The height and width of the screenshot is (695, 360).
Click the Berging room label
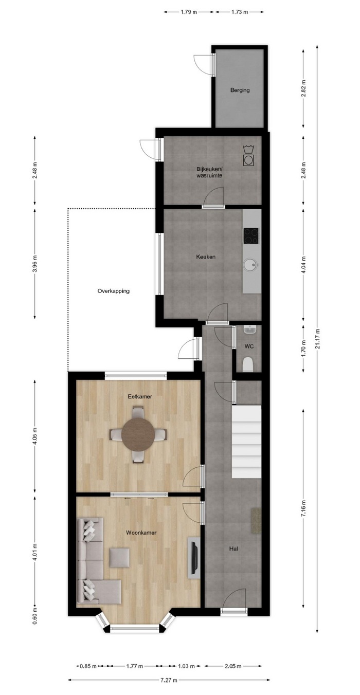(x=240, y=90)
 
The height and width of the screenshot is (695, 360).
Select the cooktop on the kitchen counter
(x=251, y=236)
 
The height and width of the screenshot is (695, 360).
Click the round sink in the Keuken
(x=251, y=265)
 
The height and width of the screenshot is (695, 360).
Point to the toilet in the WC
(x=248, y=364)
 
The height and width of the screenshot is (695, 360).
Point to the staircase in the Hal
(x=246, y=443)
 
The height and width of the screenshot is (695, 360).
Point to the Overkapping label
(x=113, y=291)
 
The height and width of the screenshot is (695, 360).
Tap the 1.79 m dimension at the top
(x=189, y=12)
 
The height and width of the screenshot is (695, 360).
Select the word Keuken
(x=206, y=257)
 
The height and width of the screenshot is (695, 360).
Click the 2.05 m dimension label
(x=233, y=666)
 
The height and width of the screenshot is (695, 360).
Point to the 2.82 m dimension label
(x=303, y=89)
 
